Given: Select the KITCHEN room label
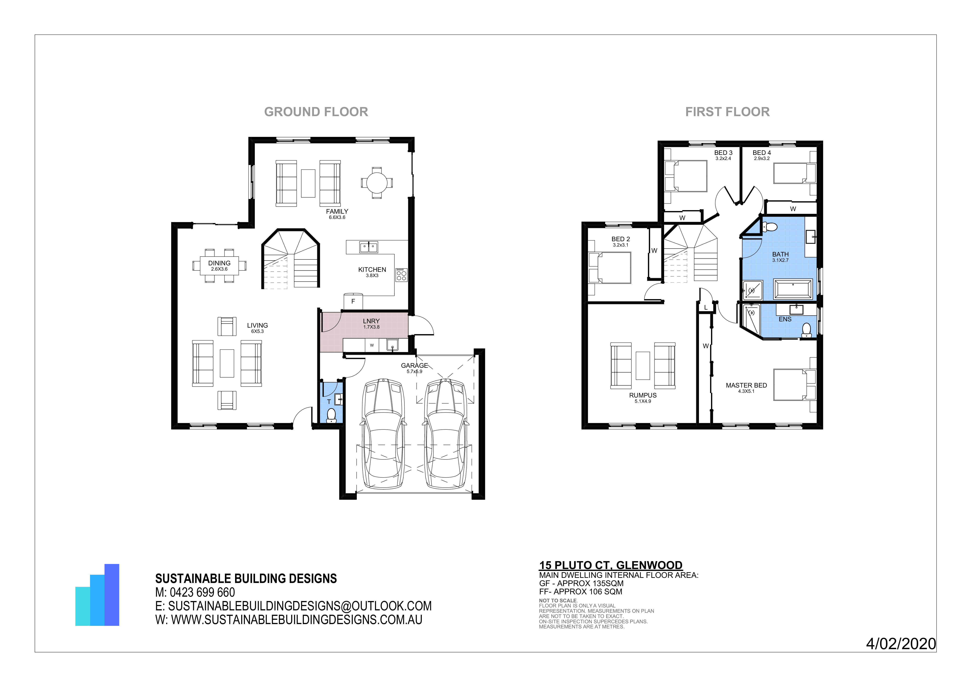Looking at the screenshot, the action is [372, 269].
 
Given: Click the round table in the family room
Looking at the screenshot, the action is [376, 183].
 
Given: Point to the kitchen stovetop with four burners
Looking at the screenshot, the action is [401, 275].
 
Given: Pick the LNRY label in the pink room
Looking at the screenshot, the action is [371, 321].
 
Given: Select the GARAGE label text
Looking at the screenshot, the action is [415, 365].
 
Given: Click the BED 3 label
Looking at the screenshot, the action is [723, 153].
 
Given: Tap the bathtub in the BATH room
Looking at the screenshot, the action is [793, 289].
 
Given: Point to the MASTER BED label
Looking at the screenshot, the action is [747, 385].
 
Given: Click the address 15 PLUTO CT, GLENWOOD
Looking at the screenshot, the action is [611, 565].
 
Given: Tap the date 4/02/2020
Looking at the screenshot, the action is [901, 644].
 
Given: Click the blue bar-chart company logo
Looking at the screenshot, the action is [97, 595].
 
